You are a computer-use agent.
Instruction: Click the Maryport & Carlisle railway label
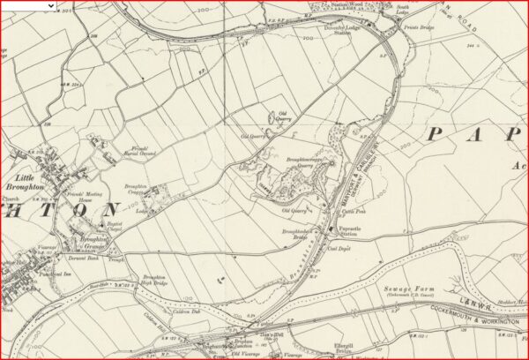coord(359,176)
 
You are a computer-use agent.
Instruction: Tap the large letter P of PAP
coord(434,134)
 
